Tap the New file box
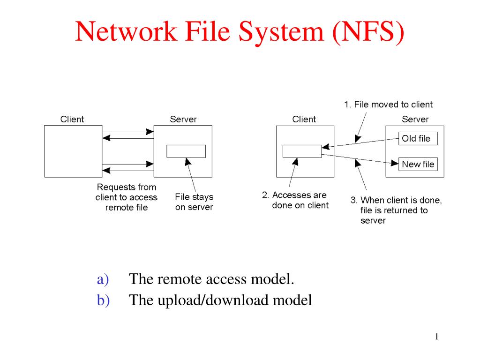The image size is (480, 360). pos(418,164)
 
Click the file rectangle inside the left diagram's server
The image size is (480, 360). pos(186,151)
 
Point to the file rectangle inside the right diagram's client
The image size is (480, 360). pos(302,151)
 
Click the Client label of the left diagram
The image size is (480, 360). pos(72,119)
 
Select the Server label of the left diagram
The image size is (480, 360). pos(183,119)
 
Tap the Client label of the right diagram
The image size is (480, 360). pos(304,119)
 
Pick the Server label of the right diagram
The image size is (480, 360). pos(415,119)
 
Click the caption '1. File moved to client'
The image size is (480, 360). pos(389,105)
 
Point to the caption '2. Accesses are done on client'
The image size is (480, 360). pos(295,200)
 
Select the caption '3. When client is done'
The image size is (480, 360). pos(396,210)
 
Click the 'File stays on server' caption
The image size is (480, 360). pos(194,202)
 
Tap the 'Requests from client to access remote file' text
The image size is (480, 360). pos(127,197)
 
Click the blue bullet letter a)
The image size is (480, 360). pos(103,279)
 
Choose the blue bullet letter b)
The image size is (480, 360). pos(103,300)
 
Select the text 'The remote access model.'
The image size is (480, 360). pos(212,279)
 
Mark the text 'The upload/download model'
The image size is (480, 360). pos(220,300)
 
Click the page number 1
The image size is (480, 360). pos(436,337)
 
